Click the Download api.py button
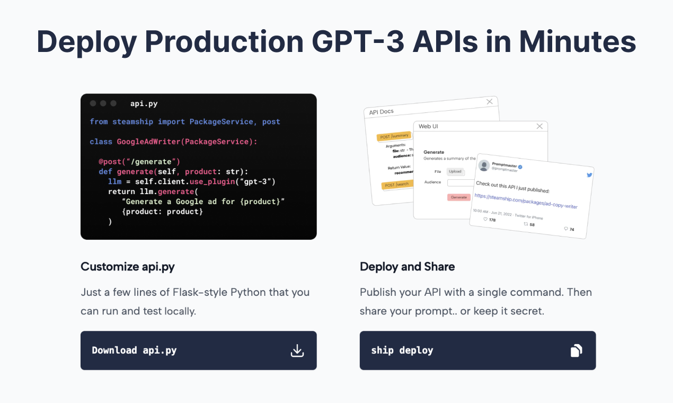[198, 351]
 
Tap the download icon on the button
[297, 351]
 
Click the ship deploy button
[477, 351]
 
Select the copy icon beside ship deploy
[577, 351]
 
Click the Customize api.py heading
[127, 267]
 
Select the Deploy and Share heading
[407, 267]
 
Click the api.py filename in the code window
[144, 103]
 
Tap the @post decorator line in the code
[139, 161]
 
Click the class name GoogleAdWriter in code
[149, 142]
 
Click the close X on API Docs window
[490, 101]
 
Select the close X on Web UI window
[539, 126]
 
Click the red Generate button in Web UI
[458, 197]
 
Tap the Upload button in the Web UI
[455, 171]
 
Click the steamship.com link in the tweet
[526, 201]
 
